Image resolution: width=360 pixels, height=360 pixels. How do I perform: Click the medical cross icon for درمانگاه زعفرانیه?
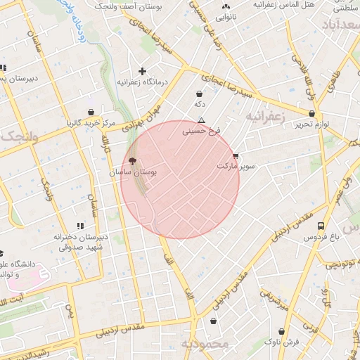[142, 71]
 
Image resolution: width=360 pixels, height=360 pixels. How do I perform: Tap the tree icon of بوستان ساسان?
[133, 161]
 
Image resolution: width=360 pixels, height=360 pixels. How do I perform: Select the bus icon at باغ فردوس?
[321, 226]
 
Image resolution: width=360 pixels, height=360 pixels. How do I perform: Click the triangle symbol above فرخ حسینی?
[202, 120]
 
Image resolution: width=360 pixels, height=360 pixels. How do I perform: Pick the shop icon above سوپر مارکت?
[235, 155]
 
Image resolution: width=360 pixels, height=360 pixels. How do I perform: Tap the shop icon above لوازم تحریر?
[311, 112]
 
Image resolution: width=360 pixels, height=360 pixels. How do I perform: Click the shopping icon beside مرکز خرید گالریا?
[91, 112]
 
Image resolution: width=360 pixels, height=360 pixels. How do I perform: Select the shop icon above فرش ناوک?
[281, 331]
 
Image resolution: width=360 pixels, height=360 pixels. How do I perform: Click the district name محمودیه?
[205, 345]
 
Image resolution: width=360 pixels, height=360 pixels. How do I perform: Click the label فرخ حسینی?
[202, 131]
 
